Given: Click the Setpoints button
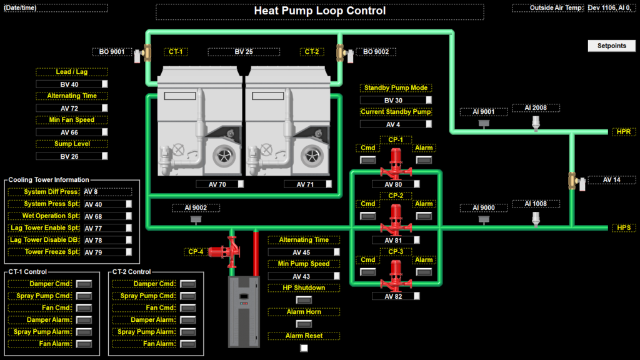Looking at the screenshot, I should tap(611, 46).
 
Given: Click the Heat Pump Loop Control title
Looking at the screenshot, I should tap(319, 11).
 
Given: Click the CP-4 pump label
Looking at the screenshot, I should tap(196, 252).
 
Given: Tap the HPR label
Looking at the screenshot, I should tap(623, 132).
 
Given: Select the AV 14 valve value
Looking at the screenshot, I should tap(611, 180).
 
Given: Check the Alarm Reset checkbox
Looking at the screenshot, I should tap(304, 348).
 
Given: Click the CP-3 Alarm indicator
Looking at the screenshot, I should tap(424, 272).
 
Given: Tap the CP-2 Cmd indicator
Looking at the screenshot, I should tap(368, 216).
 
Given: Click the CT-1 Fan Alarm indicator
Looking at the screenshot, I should tap(84, 344).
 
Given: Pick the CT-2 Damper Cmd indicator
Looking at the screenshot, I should tap(187, 284).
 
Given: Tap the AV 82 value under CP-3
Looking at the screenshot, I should tap(394, 296).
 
